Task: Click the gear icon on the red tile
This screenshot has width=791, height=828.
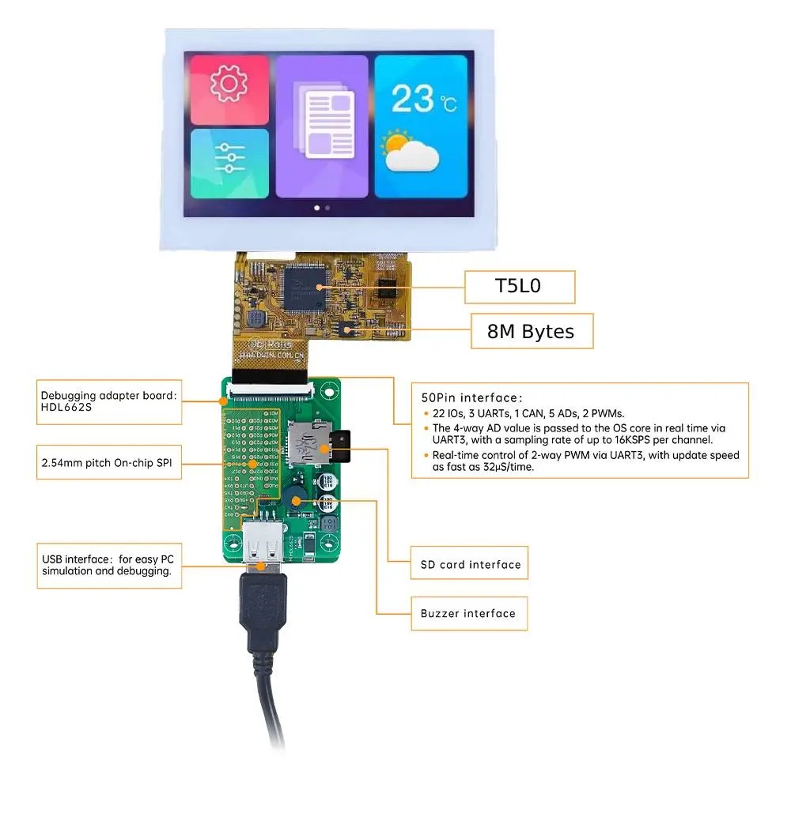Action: click(229, 85)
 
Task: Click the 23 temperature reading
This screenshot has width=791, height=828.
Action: click(413, 100)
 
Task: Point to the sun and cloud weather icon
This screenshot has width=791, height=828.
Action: click(410, 152)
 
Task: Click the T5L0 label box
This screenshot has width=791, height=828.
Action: click(519, 287)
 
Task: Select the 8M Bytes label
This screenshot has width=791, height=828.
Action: click(531, 332)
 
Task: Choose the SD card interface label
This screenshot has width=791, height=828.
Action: click(470, 564)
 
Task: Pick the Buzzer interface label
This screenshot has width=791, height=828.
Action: click(467, 613)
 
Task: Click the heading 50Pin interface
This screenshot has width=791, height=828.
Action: click(471, 397)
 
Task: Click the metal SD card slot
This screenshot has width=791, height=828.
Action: click(309, 442)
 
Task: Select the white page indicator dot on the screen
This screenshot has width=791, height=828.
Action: click(317, 208)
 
